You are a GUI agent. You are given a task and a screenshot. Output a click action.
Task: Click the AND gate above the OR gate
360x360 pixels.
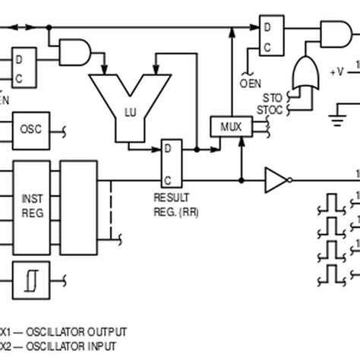pyautogui.click(x=331, y=32)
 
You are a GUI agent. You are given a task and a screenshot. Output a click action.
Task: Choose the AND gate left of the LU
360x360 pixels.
pyautogui.click(x=77, y=52)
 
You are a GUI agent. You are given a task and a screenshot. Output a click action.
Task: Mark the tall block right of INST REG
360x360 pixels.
pyautogui.click(x=78, y=204)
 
